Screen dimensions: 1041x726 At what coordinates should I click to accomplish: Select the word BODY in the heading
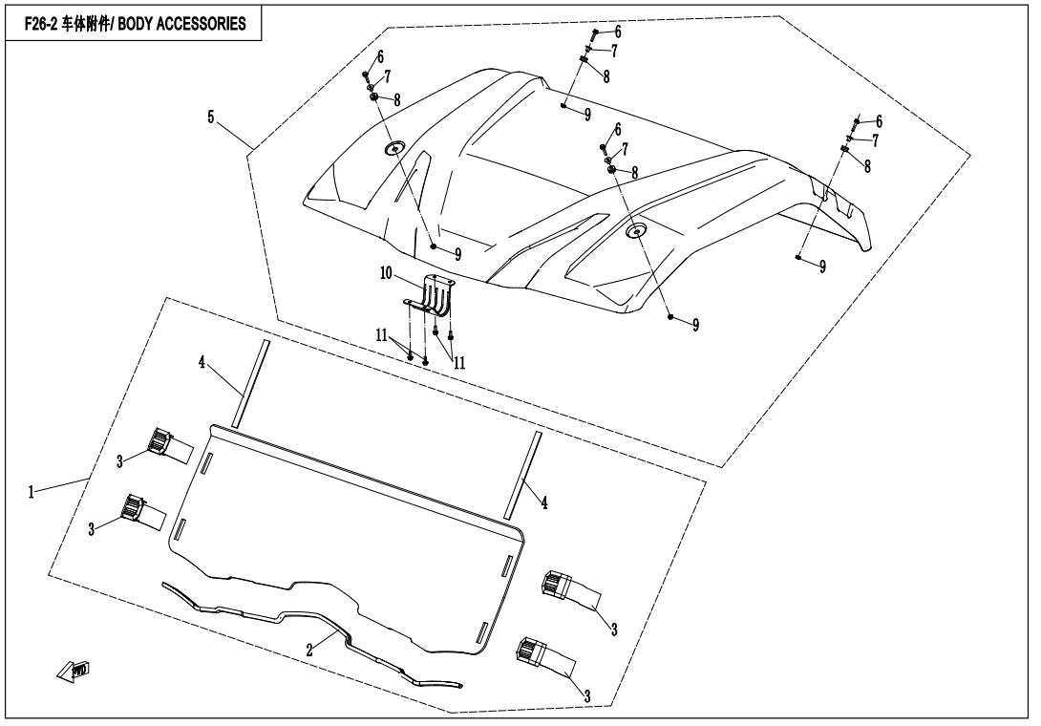136,24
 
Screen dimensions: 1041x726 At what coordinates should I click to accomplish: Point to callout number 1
31,492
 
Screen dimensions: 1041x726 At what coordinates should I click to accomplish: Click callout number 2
309,651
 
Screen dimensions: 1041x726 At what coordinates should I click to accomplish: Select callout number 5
211,117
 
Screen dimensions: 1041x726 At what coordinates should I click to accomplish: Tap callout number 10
387,273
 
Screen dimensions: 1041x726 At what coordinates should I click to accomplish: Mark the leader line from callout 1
62,485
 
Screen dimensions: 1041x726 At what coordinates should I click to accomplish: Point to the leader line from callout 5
234,135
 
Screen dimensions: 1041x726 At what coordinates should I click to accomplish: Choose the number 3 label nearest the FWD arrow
92,529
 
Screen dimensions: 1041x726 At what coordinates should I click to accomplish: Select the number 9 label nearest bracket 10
457,254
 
